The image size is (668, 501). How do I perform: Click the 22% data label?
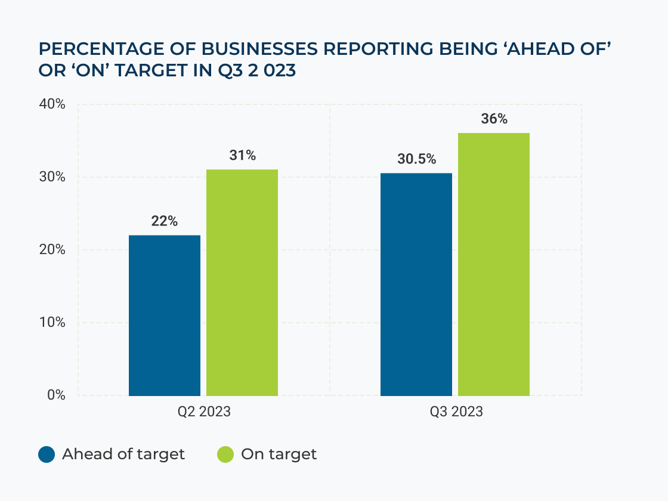(165, 221)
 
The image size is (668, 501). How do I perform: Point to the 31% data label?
(242, 156)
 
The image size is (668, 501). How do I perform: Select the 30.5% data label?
(416, 159)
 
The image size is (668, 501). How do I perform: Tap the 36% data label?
(494, 119)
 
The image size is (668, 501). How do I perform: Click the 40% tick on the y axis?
(52, 104)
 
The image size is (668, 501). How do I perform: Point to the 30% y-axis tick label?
(52, 177)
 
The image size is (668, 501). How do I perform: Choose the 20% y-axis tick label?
(52, 250)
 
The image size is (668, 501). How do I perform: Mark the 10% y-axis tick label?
(52, 323)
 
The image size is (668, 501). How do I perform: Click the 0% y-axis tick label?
(55, 395)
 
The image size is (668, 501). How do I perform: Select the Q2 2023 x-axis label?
(203, 412)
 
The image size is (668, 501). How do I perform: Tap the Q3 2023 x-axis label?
(455, 412)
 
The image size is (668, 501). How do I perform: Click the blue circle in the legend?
(47, 454)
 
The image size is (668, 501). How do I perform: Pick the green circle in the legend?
(225, 454)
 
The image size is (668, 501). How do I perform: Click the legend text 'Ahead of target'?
(123, 454)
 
